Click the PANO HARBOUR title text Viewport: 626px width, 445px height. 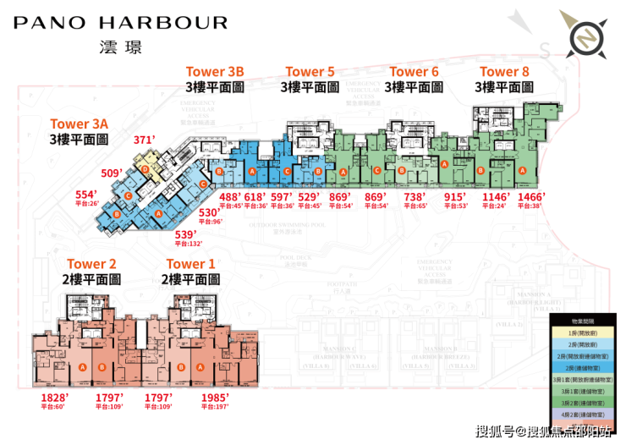(120, 23)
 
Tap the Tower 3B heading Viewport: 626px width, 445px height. (215, 72)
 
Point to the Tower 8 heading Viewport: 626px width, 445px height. (505, 72)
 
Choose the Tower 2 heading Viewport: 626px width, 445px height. (91, 265)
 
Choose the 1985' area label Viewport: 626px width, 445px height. (217, 397)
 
